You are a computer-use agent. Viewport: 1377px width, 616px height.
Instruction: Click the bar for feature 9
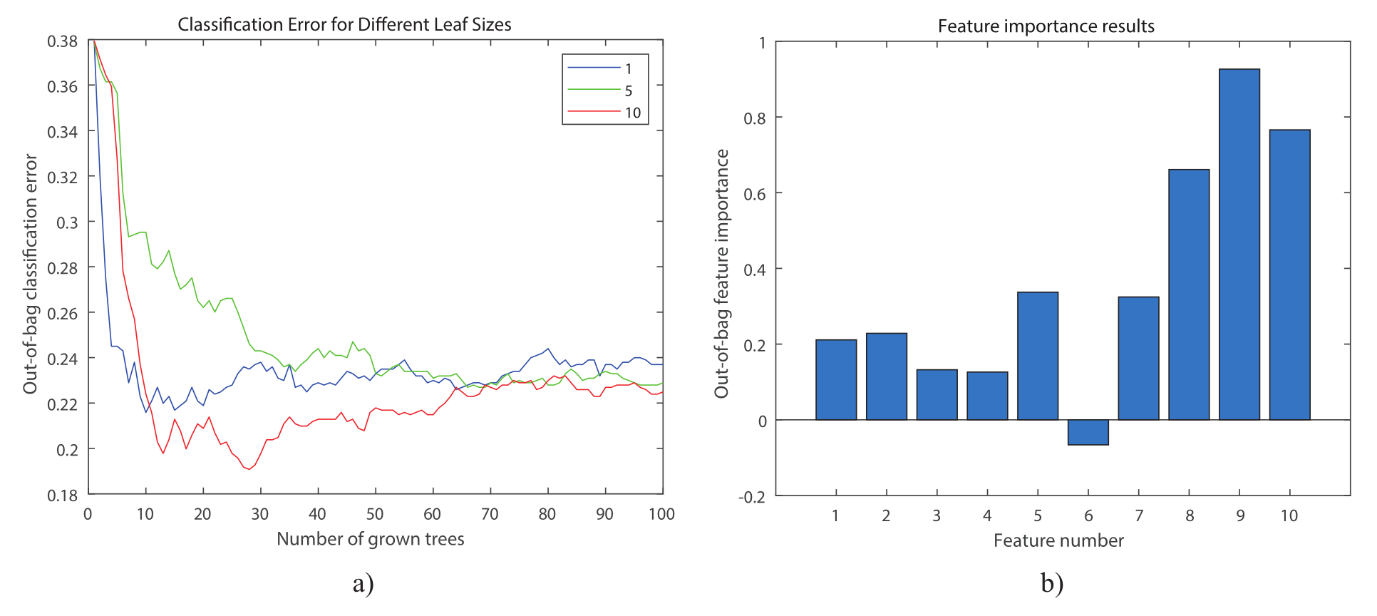[x=1239, y=244]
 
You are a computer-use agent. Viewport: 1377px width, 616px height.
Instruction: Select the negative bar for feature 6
[x=1088, y=433]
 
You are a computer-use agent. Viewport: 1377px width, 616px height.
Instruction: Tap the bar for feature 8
[x=1189, y=294]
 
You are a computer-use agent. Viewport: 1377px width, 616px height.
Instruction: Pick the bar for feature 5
[x=1038, y=356]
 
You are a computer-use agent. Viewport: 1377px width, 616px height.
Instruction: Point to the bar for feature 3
[x=937, y=394]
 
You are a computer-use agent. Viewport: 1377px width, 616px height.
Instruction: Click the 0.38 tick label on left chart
[x=63, y=41]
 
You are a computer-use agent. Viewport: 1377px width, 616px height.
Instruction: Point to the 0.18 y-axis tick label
[x=63, y=496]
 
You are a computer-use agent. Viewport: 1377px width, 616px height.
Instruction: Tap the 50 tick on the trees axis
[x=375, y=514]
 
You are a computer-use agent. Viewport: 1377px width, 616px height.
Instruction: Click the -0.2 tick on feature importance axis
[x=752, y=497]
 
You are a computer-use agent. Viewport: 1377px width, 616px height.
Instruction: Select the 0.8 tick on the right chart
[x=755, y=118]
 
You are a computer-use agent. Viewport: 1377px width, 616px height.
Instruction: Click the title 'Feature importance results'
[x=1046, y=26]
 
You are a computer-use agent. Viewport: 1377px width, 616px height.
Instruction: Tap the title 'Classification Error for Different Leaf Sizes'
[x=344, y=25]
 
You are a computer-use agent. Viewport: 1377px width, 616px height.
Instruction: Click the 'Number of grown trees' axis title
[x=370, y=539]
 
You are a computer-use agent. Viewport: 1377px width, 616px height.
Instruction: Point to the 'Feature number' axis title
[x=1058, y=540]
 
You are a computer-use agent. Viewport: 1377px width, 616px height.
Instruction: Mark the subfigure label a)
[x=363, y=583]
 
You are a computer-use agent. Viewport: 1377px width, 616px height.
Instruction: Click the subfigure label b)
[x=1052, y=583]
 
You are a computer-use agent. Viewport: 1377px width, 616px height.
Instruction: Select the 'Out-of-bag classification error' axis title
[x=30, y=274]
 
